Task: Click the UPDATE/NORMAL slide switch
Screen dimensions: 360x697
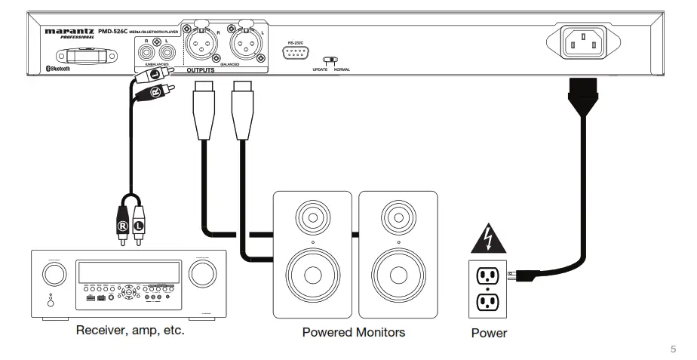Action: click(330, 60)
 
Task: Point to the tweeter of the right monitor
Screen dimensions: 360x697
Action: click(398, 217)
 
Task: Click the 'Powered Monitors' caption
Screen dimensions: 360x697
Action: click(355, 331)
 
